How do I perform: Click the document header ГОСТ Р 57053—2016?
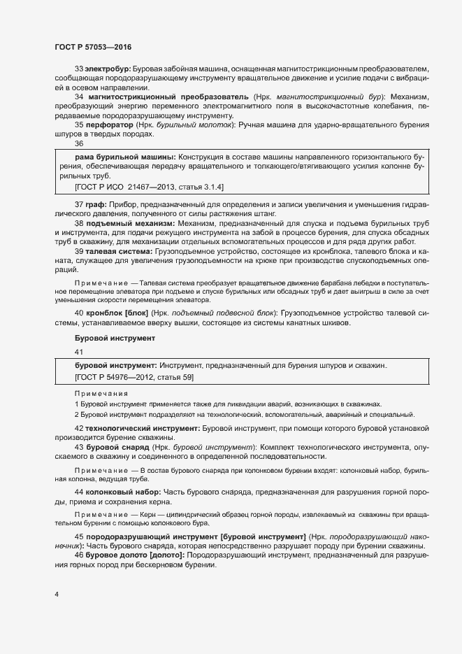(92, 47)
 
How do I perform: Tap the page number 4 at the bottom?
(57, 595)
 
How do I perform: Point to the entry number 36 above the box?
(79, 143)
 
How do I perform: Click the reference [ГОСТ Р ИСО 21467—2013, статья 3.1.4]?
(149, 188)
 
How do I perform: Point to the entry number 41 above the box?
(78, 353)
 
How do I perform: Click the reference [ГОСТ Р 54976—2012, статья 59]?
(133, 378)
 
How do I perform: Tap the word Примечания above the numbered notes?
(97, 394)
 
